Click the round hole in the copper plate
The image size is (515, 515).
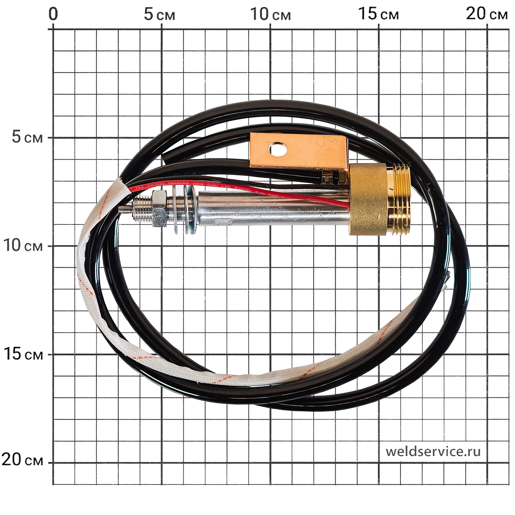point(278,149)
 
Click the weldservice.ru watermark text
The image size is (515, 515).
point(433,451)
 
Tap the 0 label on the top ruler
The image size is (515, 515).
point(53,14)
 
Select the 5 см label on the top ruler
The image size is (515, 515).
point(159,14)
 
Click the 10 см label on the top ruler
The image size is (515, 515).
point(270,14)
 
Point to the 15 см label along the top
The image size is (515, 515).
point(378,14)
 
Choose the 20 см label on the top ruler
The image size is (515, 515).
point(486,14)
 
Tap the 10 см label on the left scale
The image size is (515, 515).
point(23,245)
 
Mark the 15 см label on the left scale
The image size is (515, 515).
point(23,354)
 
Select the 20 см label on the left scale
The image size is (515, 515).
point(22,459)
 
